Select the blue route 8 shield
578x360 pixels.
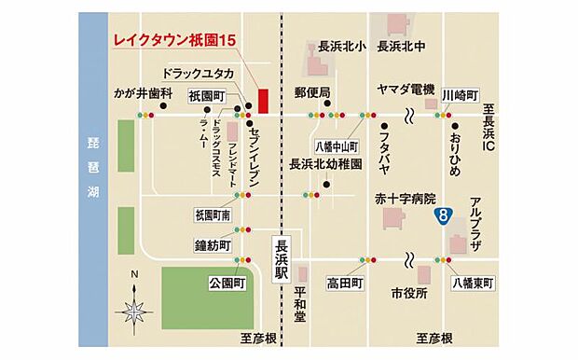445,216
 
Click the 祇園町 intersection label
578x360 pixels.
206,96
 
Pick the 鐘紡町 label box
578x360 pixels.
213,247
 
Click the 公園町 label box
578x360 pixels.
227,281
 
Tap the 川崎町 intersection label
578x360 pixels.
460,95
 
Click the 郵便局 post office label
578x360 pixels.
312,92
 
